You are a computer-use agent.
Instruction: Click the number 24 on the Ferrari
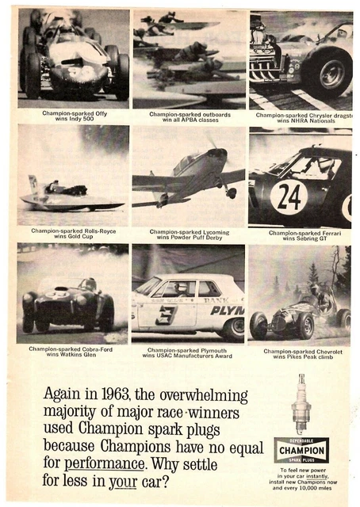coord(289,196)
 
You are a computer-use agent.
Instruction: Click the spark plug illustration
coord(301,404)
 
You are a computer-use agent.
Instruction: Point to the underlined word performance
coord(104,463)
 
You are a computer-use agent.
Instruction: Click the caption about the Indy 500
coord(74,116)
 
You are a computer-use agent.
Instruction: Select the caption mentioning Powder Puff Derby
coord(189,234)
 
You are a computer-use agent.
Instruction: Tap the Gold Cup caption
coord(74,234)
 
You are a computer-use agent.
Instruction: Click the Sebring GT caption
coord(302,235)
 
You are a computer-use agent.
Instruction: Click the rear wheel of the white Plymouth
coord(233,328)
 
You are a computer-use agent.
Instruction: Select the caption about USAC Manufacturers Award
coord(189,353)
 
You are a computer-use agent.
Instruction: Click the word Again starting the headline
coord(63,395)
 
